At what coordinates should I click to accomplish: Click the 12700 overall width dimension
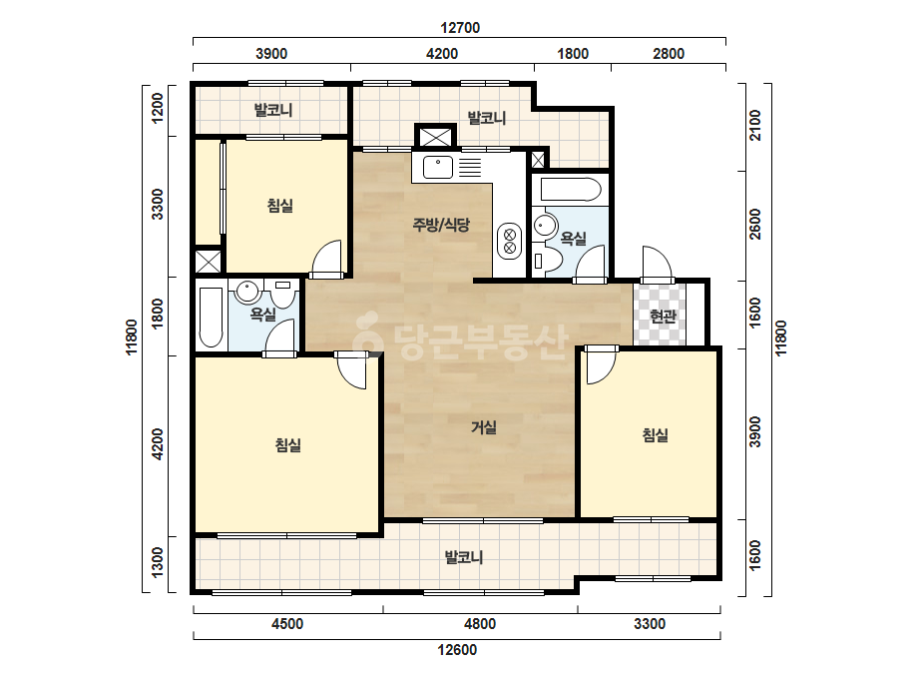point(460,28)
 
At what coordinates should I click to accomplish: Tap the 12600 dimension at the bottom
point(458,650)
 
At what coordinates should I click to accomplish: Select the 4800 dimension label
point(480,624)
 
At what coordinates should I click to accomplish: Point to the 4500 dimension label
point(287,624)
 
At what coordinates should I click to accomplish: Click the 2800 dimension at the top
point(669,54)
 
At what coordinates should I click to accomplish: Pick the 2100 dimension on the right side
point(755,125)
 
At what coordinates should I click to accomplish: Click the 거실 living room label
point(484,427)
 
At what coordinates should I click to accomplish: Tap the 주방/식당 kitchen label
point(442,224)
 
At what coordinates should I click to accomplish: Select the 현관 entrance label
point(664,317)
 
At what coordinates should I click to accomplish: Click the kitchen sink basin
point(438,167)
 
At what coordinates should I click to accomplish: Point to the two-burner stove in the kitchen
point(509,241)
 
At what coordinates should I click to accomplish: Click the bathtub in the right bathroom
point(571,190)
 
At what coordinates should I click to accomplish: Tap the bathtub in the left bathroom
point(211,319)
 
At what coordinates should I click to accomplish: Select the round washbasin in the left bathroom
point(247,291)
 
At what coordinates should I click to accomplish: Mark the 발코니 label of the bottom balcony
point(464,557)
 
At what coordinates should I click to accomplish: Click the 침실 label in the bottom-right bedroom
point(655,435)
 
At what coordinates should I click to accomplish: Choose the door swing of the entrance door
point(658,264)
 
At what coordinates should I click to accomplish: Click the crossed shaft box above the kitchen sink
point(435,137)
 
